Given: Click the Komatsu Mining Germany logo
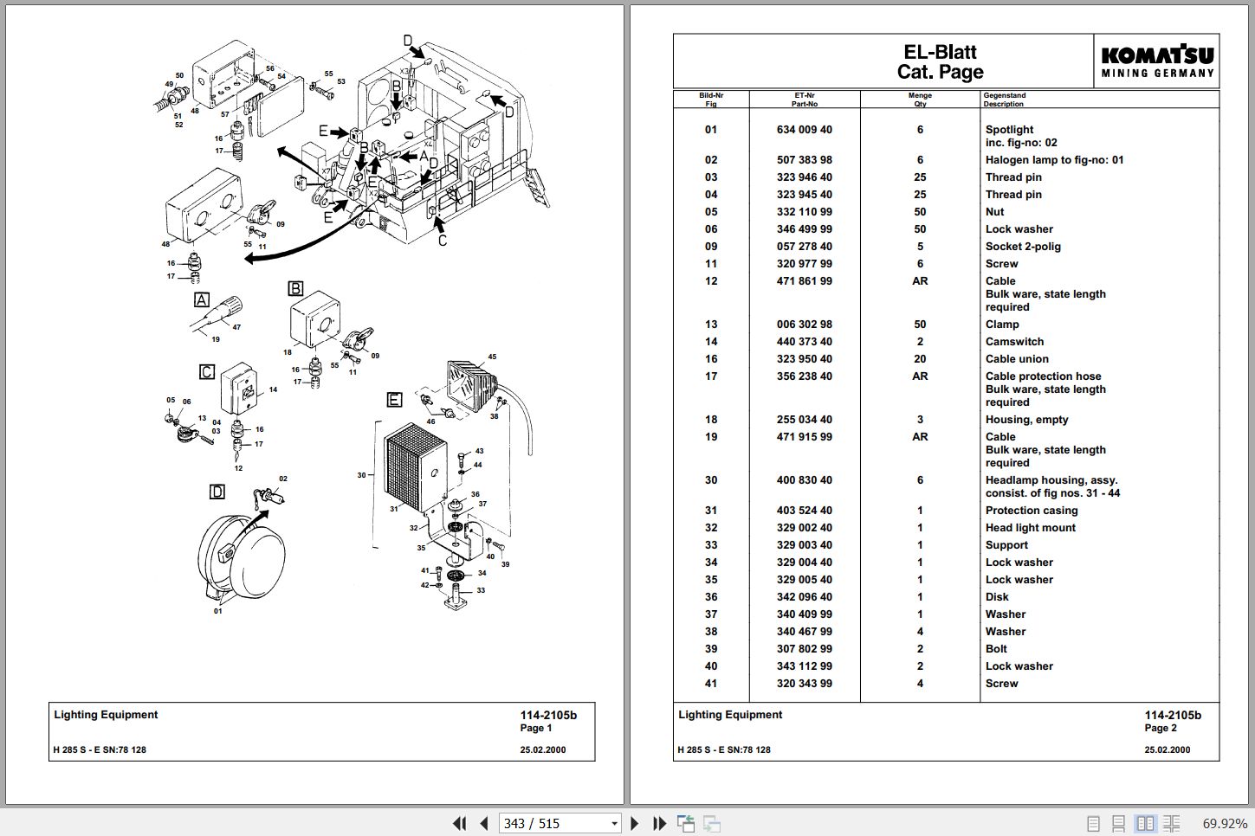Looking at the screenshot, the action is coord(1157,61).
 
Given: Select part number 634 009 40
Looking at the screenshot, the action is coord(804,129).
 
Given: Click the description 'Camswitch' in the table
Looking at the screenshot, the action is coord(1014,342).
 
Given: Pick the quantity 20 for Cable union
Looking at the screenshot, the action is coord(920,359).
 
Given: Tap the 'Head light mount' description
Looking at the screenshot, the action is coord(1031,527).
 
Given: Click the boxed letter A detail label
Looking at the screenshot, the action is coord(202,299).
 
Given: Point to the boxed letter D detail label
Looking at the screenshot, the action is coord(217,492).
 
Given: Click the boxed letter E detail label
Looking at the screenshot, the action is coord(394,399).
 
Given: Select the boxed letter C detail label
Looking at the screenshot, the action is coord(207,372).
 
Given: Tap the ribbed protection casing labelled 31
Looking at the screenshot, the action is coord(415,468).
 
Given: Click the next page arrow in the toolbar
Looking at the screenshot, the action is coord(634,823).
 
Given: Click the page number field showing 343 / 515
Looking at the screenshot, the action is coord(560,823).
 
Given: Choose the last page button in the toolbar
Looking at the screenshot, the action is coord(659,823).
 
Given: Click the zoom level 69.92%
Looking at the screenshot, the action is coord(1224,823).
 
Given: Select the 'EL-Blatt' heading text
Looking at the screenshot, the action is coord(940,52).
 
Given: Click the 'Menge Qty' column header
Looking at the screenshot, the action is coord(920,100).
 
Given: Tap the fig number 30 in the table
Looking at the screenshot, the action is coord(711,479).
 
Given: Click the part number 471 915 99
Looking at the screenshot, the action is coord(804,437).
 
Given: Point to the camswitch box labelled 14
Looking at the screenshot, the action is coord(239,389).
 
